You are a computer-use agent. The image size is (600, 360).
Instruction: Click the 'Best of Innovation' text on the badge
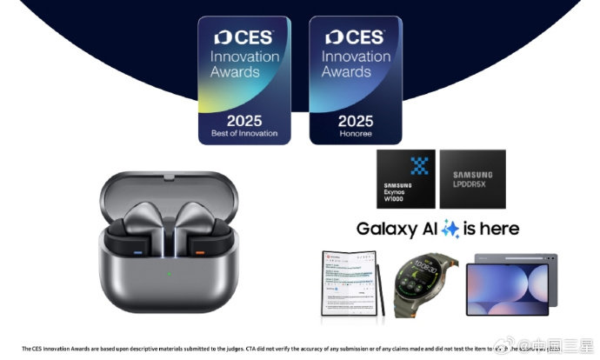(244, 133)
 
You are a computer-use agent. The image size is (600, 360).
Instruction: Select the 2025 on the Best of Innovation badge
(244, 120)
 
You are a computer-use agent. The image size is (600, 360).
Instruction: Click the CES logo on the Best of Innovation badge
(244, 38)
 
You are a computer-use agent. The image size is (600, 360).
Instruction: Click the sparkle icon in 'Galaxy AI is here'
(450, 230)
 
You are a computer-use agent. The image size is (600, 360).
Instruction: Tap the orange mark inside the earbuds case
(198, 252)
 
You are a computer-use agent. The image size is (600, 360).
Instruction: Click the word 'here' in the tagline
(499, 230)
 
